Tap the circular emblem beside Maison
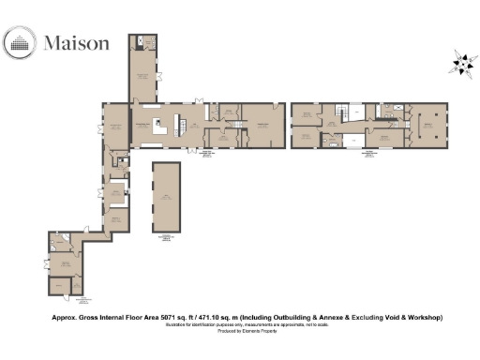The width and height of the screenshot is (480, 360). click(x=21, y=42)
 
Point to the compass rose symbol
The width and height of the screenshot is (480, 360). click(x=461, y=63)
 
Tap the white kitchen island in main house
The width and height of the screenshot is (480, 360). click(x=160, y=126)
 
